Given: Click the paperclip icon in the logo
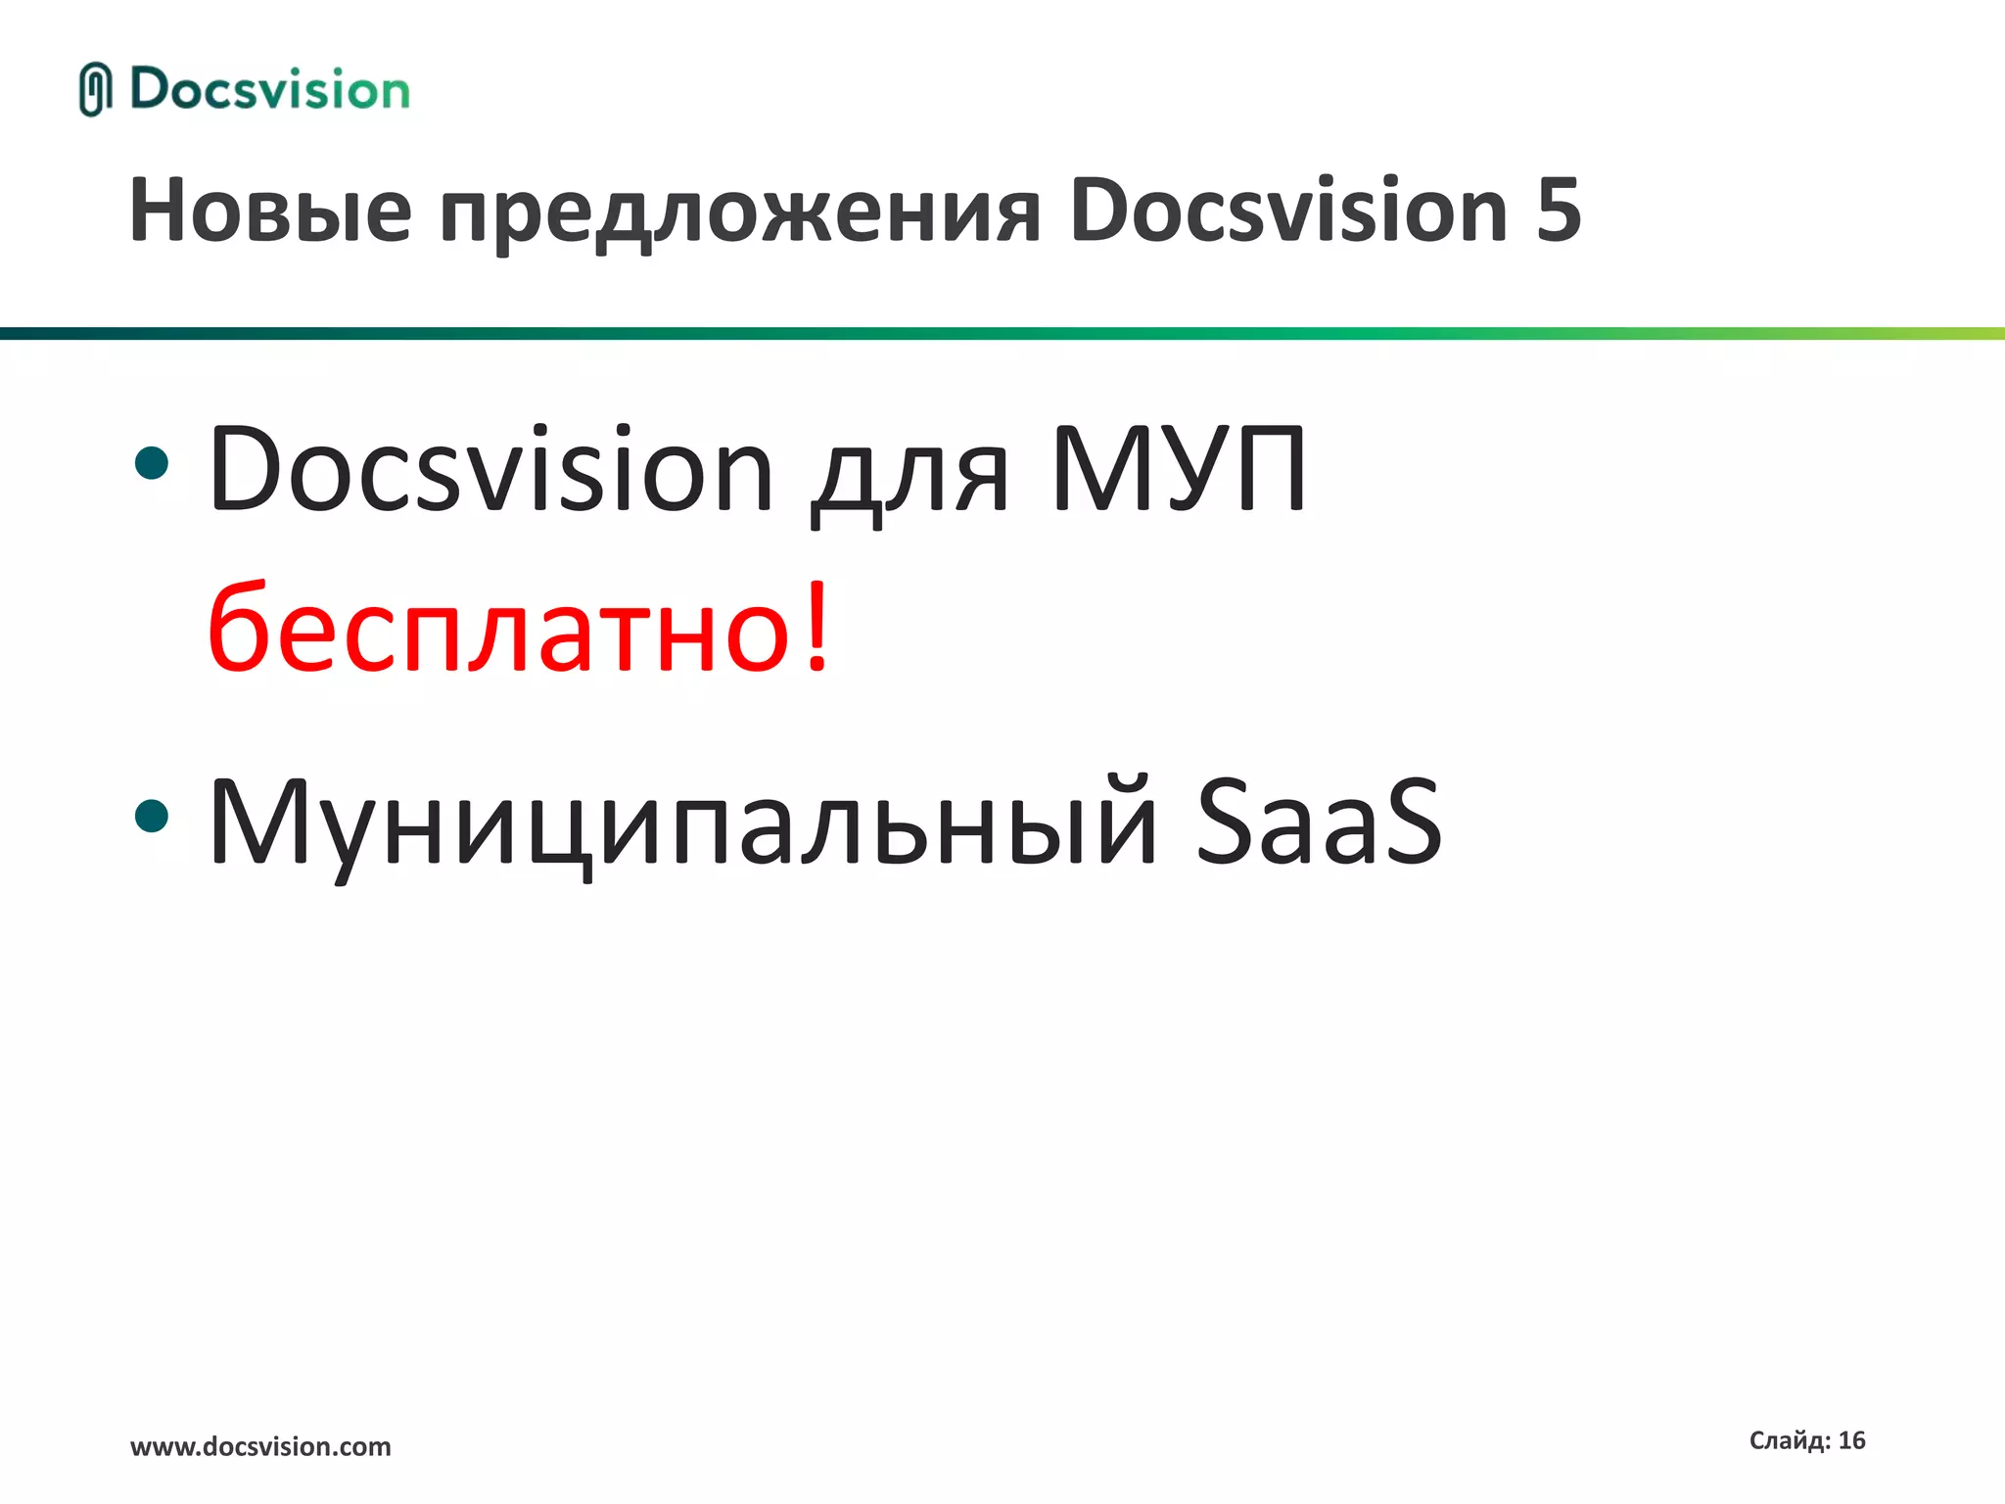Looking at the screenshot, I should click(x=94, y=89).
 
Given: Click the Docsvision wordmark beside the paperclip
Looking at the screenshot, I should click(x=269, y=89).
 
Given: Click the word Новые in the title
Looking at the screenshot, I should click(x=270, y=211).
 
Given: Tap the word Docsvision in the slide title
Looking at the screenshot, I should click(x=1288, y=211).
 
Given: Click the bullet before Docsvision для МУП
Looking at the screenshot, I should click(x=152, y=463).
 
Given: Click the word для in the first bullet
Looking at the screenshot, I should click(x=910, y=480).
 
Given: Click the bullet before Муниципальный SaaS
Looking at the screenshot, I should click(x=152, y=815).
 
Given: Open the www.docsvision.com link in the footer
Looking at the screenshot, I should click(x=260, y=1446).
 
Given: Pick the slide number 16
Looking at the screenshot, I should click(x=1851, y=1440).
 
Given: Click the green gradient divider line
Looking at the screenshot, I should click(x=1002, y=334).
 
